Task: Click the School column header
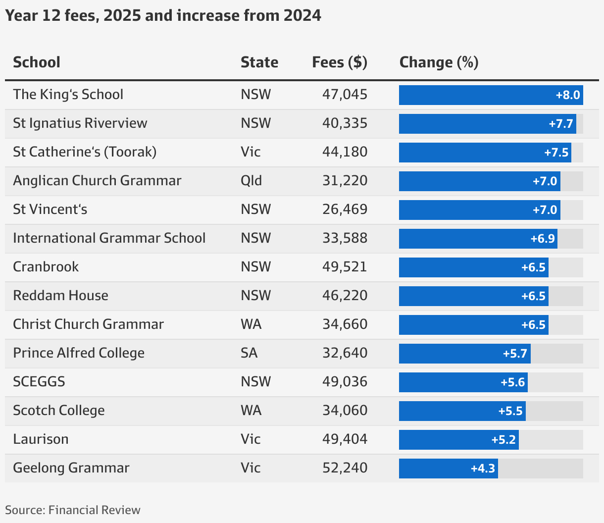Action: click(x=37, y=62)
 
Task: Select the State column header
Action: click(x=259, y=62)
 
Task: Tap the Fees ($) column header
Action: click(x=340, y=62)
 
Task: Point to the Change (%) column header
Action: click(x=439, y=62)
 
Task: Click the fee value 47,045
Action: click(x=345, y=95)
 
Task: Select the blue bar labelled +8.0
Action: click(x=491, y=95)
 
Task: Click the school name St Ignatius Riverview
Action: click(x=80, y=123)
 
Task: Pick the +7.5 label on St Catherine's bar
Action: click(x=556, y=153)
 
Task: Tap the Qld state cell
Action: click(x=252, y=181)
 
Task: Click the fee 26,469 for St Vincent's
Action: click(x=345, y=209)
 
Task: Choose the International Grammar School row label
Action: click(x=109, y=238)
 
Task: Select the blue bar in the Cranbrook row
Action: click(x=473, y=267)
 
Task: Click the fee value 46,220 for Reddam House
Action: click(x=345, y=296)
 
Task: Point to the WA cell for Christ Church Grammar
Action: click(x=251, y=324)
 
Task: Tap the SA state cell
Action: click(x=249, y=353)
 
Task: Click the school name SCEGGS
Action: click(x=39, y=382)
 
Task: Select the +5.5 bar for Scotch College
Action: click(x=462, y=411)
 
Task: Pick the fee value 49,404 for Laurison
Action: click(x=345, y=439)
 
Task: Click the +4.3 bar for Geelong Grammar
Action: click(x=448, y=469)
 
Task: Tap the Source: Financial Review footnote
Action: click(x=73, y=510)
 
